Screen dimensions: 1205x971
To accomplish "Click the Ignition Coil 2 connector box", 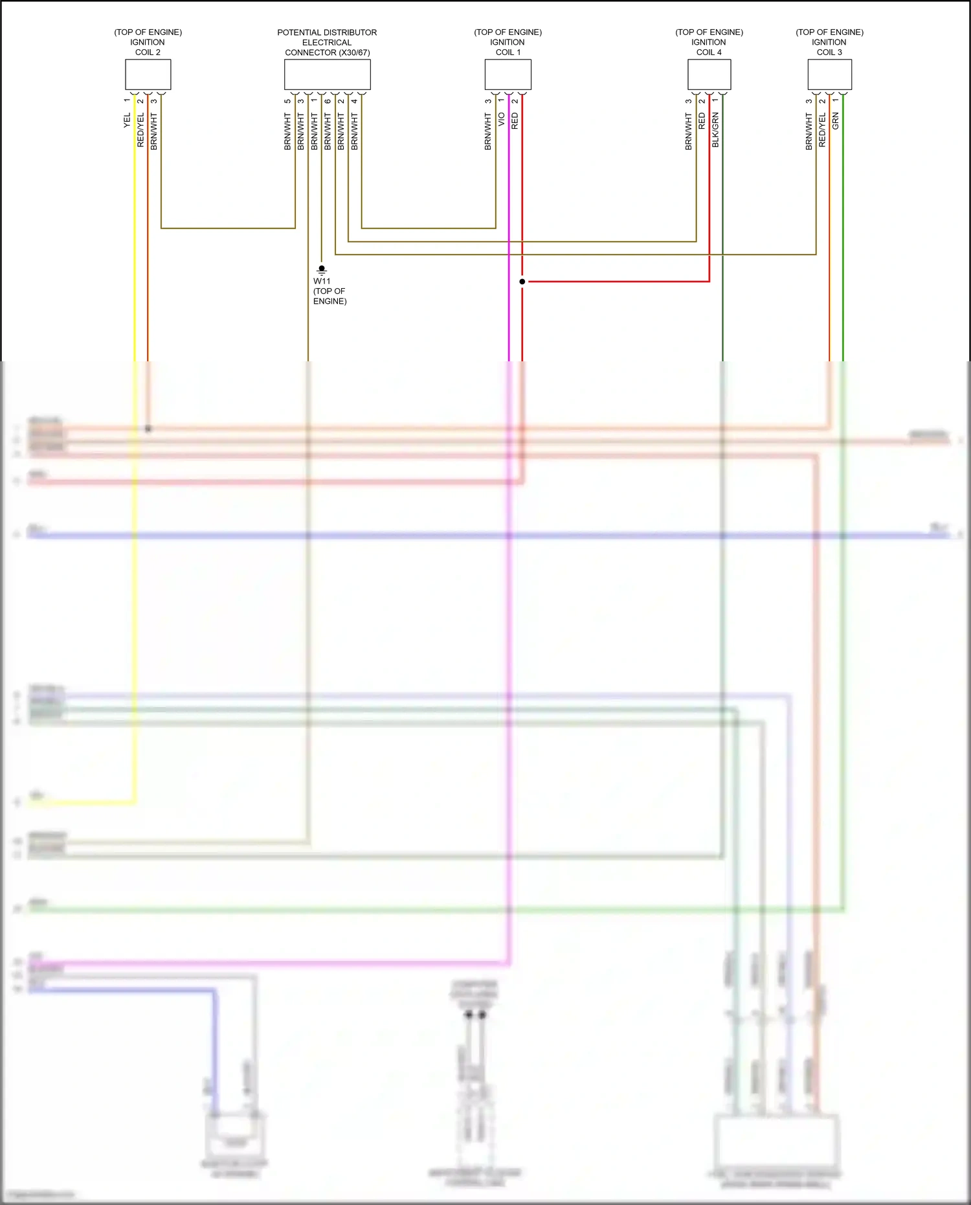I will [x=148, y=74].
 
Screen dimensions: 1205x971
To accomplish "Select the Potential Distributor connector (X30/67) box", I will [x=327, y=74].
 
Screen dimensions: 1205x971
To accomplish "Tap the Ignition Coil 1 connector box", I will [x=508, y=74].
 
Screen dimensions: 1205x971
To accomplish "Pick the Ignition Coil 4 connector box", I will [x=709, y=74].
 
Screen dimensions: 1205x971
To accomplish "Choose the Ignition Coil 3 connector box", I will [x=829, y=74].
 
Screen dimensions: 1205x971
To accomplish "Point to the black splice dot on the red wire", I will [x=522, y=282].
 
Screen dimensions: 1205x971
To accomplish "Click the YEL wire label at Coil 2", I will [x=128, y=120].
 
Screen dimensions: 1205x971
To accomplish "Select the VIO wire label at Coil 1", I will [x=502, y=120].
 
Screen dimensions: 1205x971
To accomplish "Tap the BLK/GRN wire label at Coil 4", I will [x=715, y=130].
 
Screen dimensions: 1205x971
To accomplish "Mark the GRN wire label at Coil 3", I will [x=836, y=121].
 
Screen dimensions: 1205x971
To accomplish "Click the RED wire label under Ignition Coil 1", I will [x=515, y=121].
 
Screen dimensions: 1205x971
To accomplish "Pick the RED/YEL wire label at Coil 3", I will [x=822, y=130].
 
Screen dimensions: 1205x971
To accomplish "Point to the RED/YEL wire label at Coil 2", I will [x=140, y=130].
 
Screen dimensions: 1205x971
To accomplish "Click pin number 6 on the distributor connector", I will [x=328, y=101].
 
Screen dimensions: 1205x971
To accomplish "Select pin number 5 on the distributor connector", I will [x=287, y=101].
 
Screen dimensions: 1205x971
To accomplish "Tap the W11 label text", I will [x=322, y=281].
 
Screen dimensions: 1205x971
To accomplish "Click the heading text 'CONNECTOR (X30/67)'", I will [x=327, y=52].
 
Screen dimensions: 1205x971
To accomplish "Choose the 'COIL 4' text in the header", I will [x=709, y=52].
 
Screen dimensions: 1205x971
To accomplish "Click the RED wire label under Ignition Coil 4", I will [x=702, y=121].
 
